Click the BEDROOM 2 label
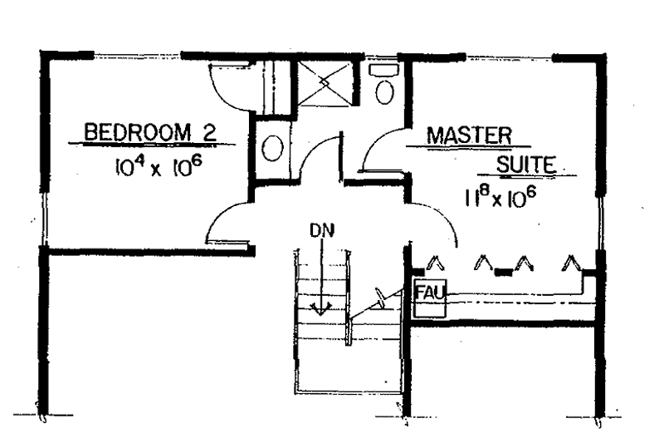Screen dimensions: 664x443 150,132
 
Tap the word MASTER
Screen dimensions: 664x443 469,135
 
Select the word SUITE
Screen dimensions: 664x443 526,165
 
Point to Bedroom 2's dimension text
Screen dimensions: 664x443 157,167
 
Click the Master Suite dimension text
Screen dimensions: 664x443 500,198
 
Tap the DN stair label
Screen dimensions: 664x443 322,230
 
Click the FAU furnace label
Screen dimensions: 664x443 430,292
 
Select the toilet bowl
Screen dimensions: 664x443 385,92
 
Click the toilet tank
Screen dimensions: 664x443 384,71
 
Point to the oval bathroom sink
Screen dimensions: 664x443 272,148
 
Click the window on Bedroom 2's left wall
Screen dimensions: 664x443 43,219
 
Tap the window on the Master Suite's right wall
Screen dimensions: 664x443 600,224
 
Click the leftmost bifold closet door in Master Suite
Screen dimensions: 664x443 435,263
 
